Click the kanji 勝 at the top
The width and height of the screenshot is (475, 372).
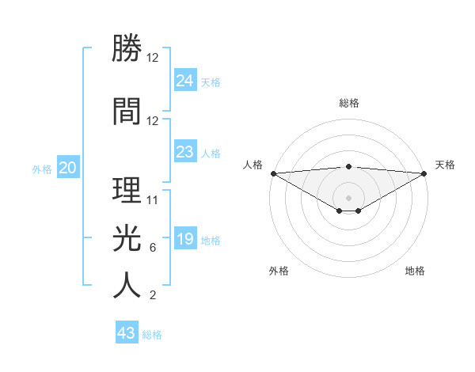tap(127, 49)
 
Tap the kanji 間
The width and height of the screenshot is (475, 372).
tap(127, 111)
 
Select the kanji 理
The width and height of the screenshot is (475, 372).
tap(127, 190)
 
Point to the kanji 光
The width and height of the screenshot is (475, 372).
tap(127, 237)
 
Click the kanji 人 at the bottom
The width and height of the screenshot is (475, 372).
tap(127, 285)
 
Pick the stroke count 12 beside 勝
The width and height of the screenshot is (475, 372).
tap(153, 59)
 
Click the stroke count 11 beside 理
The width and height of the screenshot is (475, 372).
tap(153, 199)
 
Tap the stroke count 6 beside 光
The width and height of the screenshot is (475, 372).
tap(153, 248)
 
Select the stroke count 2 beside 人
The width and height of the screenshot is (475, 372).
tap(153, 296)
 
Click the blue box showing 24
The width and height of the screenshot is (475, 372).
tap(184, 81)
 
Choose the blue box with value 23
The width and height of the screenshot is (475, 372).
tap(184, 152)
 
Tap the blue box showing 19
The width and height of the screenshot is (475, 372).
tap(184, 239)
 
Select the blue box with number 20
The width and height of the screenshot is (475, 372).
tap(68, 168)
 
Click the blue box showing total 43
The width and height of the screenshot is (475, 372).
tap(126, 333)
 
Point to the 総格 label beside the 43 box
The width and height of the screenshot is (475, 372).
tap(153, 335)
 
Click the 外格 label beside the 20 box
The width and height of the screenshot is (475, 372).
tap(42, 169)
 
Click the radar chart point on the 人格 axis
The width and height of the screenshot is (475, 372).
tap(273, 173)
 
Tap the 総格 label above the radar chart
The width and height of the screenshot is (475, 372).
tap(349, 103)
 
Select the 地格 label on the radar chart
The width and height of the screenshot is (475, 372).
tap(415, 271)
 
